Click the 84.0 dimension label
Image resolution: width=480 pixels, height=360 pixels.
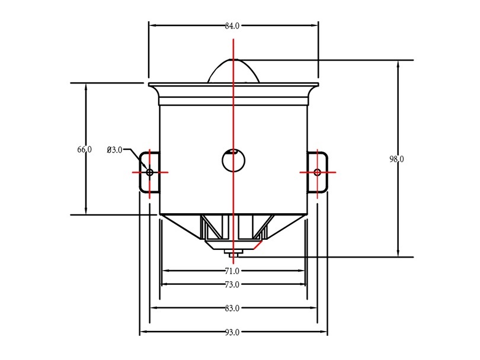(232, 26)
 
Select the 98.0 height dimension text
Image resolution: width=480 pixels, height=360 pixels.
(396, 159)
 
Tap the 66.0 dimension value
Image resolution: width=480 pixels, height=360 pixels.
(84, 150)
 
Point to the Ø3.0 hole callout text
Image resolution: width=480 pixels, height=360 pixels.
(114, 150)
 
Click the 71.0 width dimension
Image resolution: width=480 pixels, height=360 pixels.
(232, 271)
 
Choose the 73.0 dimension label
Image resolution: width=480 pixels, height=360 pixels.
(232, 285)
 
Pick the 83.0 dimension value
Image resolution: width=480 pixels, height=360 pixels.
(232, 308)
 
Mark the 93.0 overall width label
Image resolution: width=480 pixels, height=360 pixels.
(232, 332)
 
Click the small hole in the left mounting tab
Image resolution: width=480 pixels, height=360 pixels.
(150, 172)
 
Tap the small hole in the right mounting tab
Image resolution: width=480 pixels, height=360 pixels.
(318, 172)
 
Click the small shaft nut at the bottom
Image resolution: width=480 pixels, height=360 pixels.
(233, 252)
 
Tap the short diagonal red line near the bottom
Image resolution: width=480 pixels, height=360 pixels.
(258, 245)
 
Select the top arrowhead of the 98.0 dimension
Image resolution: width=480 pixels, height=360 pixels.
(398, 64)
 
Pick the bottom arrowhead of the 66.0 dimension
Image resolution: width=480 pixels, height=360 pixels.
(86, 210)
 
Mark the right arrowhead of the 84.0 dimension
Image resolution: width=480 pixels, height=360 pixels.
(315, 25)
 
